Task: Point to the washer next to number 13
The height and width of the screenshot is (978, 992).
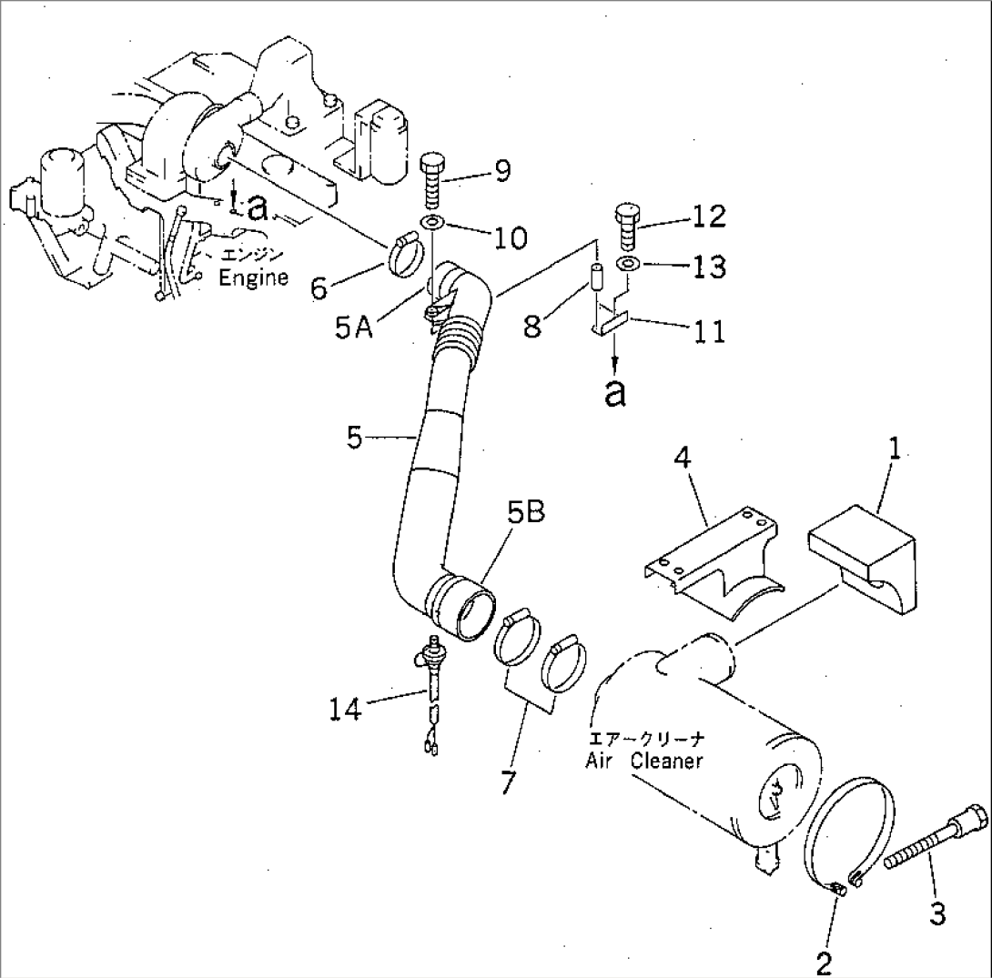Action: point(627,265)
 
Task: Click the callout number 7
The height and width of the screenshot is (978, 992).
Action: point(506,781)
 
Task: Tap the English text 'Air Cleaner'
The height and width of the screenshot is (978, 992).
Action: point(643,761)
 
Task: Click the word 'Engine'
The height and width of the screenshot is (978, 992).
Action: point(253,277)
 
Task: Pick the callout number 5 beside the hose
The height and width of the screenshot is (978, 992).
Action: point(359,438)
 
